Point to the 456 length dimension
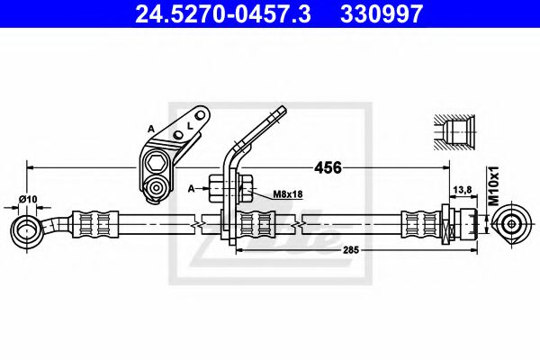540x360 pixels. point(328,168)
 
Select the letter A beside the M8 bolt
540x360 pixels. point(192,189)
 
